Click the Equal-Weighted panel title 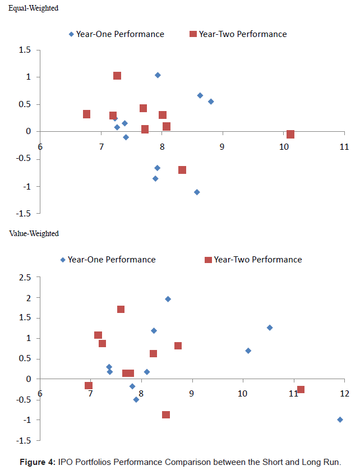(37, 9)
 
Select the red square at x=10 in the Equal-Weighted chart (290, 134)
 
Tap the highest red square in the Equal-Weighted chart (117, 76)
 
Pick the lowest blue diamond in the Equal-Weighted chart (197, 192)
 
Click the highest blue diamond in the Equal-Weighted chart (158, 75)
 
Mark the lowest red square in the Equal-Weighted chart (182, 169)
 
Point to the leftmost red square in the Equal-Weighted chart (86, 114)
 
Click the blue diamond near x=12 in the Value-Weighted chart (340, 420)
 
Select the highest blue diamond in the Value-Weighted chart (168, 299)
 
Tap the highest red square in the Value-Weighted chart (121, 309)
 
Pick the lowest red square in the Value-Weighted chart (166, 414)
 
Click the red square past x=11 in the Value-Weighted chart (301, 389)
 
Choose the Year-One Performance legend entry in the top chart (116, 34)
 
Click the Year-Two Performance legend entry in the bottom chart (253, 260)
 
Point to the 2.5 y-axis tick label (24, 278)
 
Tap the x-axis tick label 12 (344, 393)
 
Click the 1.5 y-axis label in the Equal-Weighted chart (24, 50)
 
